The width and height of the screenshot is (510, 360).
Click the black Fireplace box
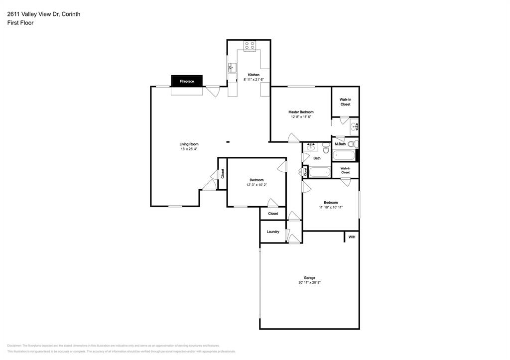click(187, 81)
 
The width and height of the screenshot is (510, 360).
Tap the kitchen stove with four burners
click(250, 46)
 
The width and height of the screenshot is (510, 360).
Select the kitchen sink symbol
click(232, 68)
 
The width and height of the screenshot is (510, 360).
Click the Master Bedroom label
click(301, 112)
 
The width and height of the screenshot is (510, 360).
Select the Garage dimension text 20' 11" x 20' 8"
click(309, 282)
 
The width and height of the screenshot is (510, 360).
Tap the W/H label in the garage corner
click(352, 237)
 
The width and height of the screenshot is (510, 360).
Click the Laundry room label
click(272, 232)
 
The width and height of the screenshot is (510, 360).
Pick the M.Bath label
click(340, 144)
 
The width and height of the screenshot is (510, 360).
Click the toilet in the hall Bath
click(326, 148)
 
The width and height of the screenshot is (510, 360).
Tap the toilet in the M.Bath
click(351, 144)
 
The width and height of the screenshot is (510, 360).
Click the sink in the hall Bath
click(311, 147)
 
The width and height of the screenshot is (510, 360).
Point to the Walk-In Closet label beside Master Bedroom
click(345, 102)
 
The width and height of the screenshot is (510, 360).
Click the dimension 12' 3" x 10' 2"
click(256, 185)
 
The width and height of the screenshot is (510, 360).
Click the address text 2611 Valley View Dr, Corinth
click(43, 14)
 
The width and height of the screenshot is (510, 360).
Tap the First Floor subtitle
click(20, 23)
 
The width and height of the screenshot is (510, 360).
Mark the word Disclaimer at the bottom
click(14, 346)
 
